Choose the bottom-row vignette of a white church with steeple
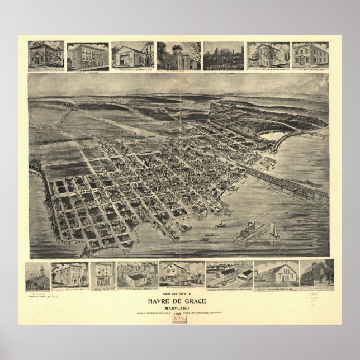37,276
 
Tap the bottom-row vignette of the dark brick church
317,274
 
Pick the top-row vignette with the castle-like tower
178,55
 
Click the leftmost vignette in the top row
46,55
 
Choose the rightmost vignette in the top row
310,55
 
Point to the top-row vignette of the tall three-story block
88,56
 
